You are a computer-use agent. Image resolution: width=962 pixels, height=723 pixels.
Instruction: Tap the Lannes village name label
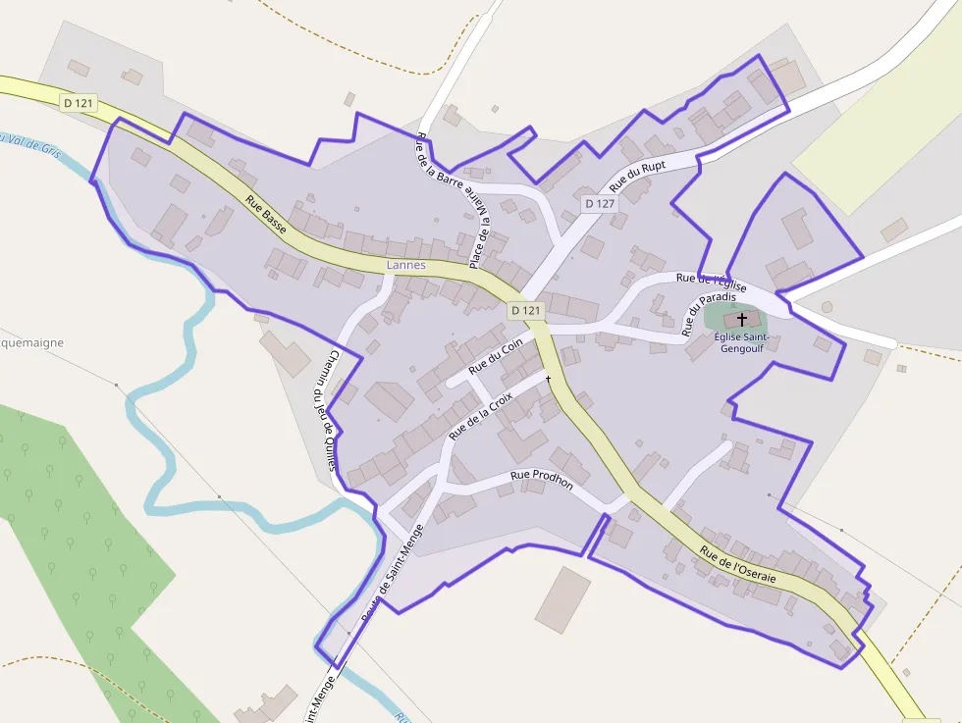406,266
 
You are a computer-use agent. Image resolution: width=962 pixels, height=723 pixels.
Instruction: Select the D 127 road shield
599,204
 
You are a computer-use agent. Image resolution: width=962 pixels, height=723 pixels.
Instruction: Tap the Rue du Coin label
496,358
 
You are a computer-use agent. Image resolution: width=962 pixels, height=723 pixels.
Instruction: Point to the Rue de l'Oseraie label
738,565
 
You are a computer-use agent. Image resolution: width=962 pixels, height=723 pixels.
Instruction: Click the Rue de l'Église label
712,283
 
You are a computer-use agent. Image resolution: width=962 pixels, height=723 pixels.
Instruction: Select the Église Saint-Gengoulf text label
742,342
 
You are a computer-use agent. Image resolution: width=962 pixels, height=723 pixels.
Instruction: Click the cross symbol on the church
742,319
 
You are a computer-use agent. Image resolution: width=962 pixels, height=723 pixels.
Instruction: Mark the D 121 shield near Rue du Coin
526,311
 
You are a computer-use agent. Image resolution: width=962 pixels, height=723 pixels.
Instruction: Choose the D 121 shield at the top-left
80,103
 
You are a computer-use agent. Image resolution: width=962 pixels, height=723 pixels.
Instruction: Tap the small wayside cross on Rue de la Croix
548,379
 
